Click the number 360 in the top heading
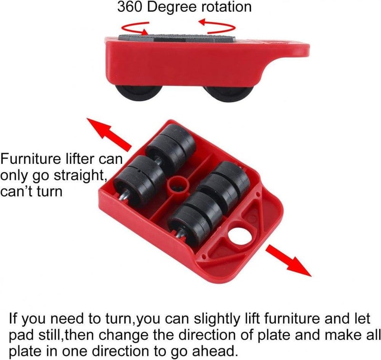pos(130,7)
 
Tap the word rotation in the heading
pos(227,7)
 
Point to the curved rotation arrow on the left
pos(135,29)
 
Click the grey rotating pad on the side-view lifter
pos(177,38)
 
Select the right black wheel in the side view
pos(229,93)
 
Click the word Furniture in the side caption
pos(30,159)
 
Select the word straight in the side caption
pos(80,175)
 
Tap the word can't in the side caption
pos(18,191)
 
